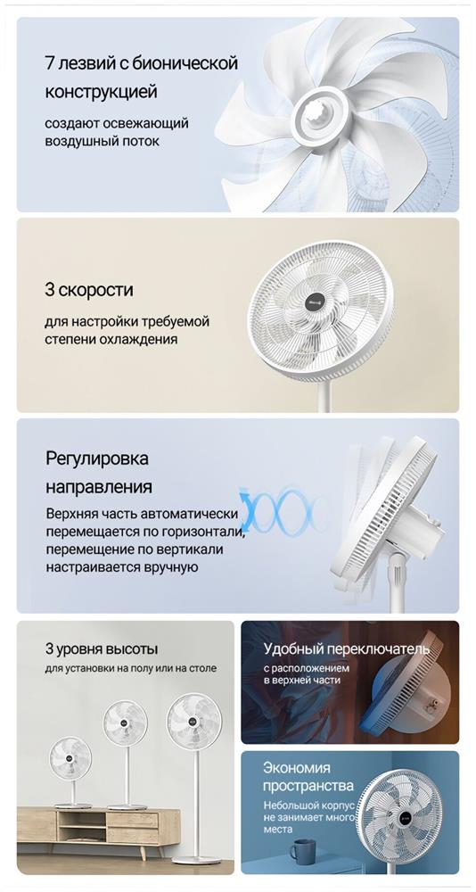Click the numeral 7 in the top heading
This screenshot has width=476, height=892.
click(x=50, y=63)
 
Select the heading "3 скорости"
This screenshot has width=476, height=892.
click(x=89, y=290)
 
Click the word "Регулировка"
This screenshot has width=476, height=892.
click(x=96, y=458)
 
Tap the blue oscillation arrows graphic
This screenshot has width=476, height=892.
click(x=283, y=509)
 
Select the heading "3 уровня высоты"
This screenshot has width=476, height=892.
click(x=102, y=648)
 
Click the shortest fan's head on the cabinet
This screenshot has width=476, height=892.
click(x=70, y=758)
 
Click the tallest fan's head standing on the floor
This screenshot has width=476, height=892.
click(x=194, y=722)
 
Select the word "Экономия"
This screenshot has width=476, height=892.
click(x=296, y=768)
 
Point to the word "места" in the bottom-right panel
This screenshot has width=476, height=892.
click(x=278, y=830)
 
